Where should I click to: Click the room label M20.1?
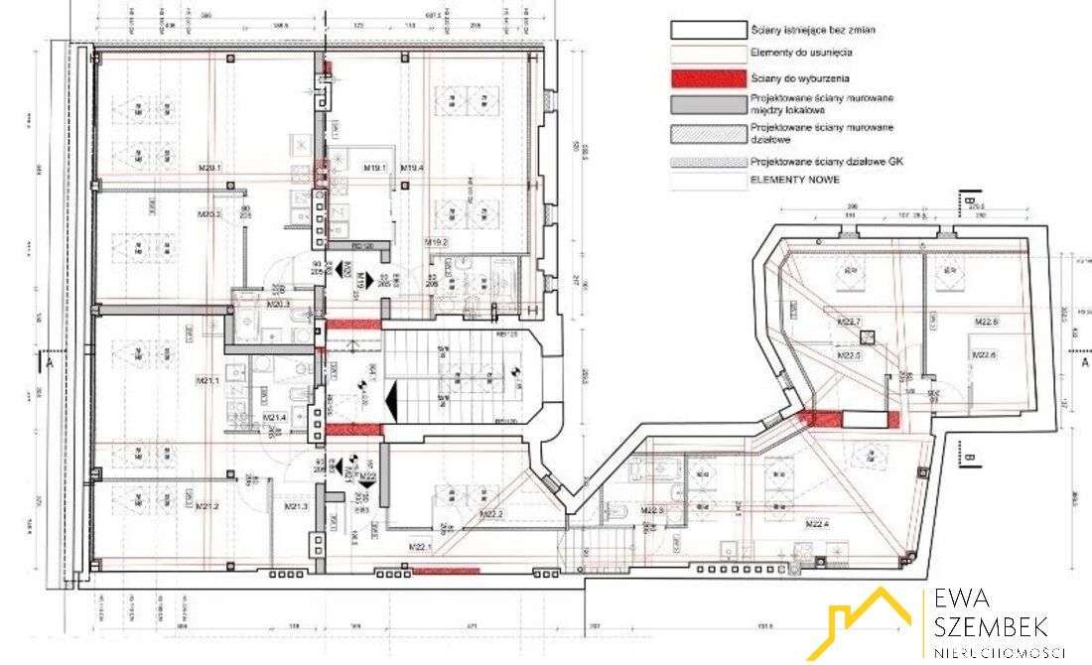pyautogui.click(x=209, y=182)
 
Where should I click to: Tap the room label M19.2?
pyautogui.click(x=437, y=242)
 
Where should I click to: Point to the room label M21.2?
pyautogui.click(x=207, y=506)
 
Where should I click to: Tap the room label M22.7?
pyautogui.click(x=849, y=322)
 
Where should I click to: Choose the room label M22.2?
pyautogui.click(x=490, y=514)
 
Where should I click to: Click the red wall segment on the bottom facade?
pyautogui.click(x=446, y=571)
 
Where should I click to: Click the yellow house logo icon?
pyautogui.click(x=872, y=621)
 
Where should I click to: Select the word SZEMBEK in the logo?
pyautogui.click(x=989, y=626)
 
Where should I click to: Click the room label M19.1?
pyautogui.click(x=374, y=167)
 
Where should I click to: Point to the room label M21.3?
pyautogui.click(x=297, y=507)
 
